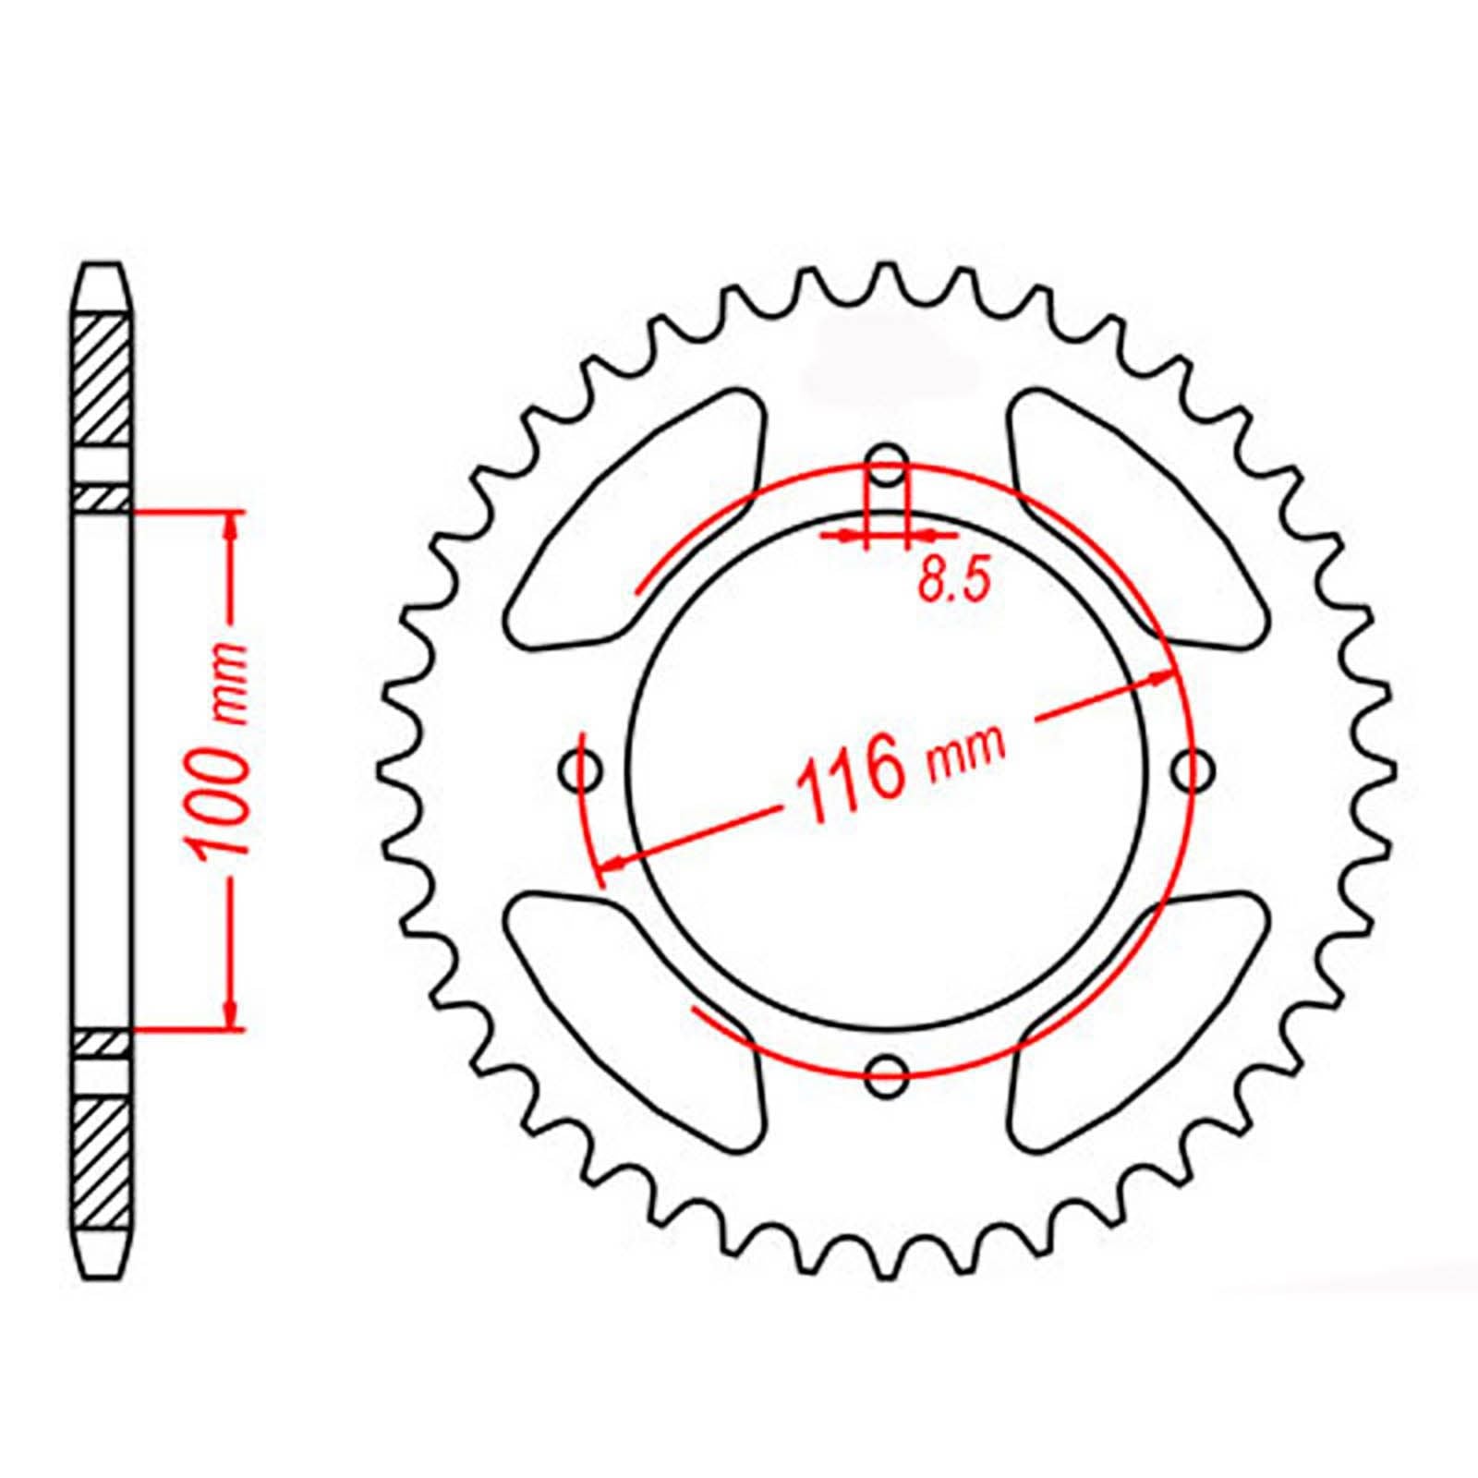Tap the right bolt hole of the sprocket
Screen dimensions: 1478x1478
click(1193, 769)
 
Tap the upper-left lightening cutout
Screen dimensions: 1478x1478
click(637, 517)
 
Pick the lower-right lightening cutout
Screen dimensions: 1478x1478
click(1136, 1016)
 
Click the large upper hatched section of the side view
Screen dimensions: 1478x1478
click(101, 379)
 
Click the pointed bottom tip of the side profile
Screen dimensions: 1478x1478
click(101, 1273)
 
